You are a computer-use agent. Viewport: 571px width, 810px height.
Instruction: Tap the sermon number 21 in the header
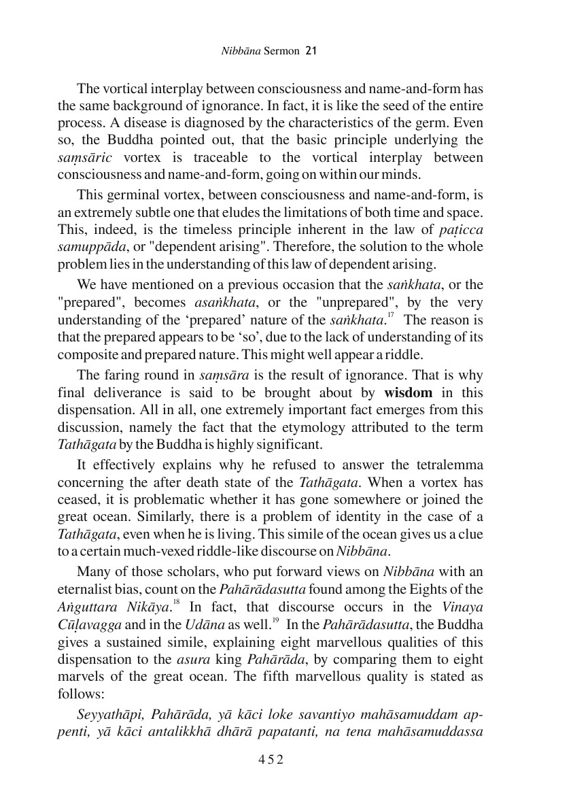(x=312, y=50)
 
